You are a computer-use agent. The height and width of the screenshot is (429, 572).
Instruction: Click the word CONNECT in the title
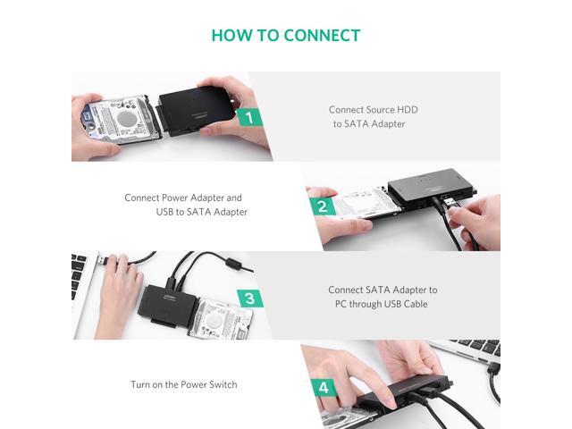click(322, 36)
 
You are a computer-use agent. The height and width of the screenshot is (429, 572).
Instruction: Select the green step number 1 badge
click(249, 117)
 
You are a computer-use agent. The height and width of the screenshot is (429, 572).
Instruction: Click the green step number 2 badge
click(323, 206)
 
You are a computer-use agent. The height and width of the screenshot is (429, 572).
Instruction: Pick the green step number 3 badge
click(250, 299)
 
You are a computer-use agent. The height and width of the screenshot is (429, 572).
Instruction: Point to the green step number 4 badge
click(324, 387)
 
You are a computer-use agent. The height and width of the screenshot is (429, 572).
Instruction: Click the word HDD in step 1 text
click(408, 109)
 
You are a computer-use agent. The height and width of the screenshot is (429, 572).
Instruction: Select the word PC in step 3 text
click(341, 304)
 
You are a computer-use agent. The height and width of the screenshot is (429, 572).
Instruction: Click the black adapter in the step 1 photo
click(196, 109)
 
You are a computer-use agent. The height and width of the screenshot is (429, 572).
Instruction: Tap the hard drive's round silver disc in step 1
click(127, 118)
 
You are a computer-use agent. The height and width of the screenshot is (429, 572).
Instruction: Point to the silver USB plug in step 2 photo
click(450, 200)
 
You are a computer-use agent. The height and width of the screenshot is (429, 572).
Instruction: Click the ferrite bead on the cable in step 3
click(233, 264)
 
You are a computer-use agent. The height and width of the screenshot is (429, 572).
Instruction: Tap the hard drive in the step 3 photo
click(220, 318)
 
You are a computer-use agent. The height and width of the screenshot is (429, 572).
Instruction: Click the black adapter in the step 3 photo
click(168, 306)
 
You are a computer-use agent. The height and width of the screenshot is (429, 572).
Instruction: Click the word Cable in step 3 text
click(416, 304)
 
